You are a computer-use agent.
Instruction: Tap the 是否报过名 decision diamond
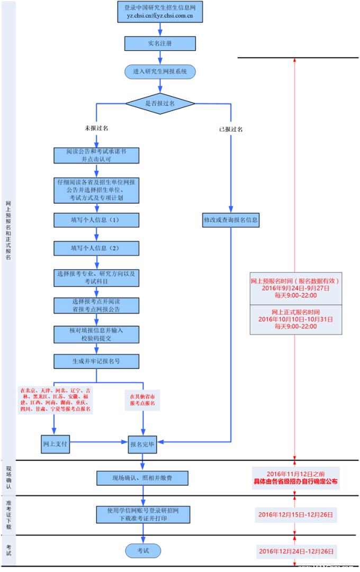(159, 103)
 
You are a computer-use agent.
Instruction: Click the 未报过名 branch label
(96, 129)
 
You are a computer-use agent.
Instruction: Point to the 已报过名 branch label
(231, 129)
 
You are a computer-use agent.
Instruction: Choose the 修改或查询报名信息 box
(231, 220)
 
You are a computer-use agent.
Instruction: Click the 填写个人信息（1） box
(96, 220)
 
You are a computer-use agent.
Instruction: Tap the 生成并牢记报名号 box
(96, 361)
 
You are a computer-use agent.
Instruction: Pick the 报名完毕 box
(142, 444)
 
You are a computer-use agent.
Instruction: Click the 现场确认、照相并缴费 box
(142, 478)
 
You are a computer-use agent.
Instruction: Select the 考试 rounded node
(142, 551)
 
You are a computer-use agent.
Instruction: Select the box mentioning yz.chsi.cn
(159, 12)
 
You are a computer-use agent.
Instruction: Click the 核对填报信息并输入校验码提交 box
(96, 333)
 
